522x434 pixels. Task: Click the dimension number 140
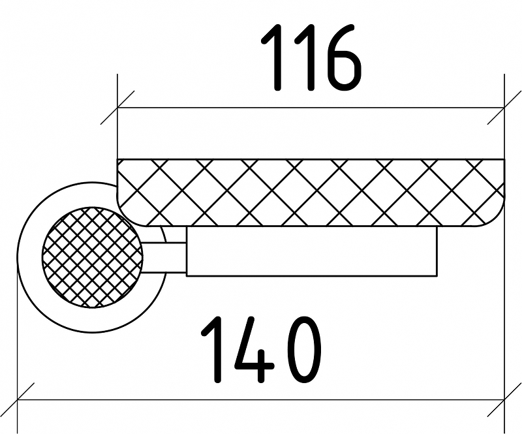click(261, 350)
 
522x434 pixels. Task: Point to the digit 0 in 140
click(301, 350)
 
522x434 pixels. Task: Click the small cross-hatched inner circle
click(92, 256)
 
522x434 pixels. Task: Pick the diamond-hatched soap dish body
click(311, 192)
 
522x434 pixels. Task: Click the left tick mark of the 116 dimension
click(117, 108)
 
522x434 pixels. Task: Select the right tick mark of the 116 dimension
click(504, 108)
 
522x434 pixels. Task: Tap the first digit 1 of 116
click(275, 59)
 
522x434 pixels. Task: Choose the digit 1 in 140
click(214, 350)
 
